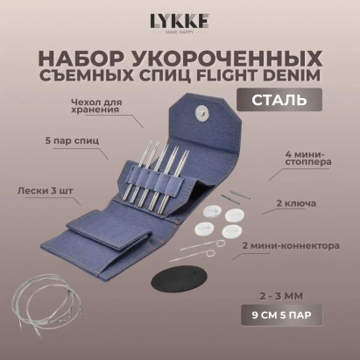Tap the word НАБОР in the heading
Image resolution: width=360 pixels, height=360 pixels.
[x=83, y=60]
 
